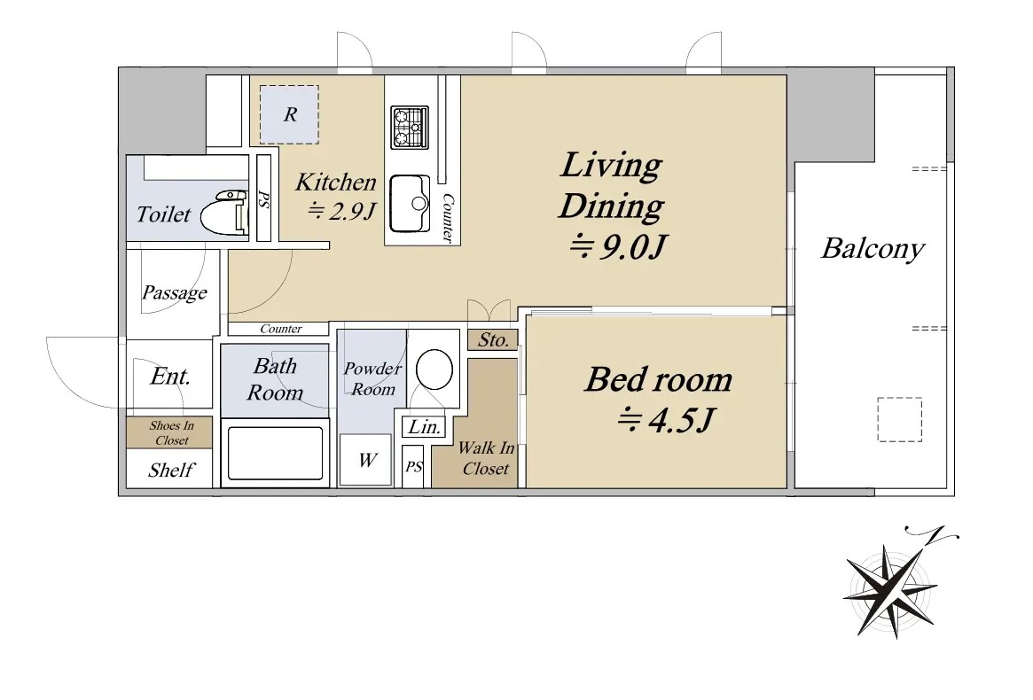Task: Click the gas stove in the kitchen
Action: point(410,127)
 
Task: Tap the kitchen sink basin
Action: point(409,204)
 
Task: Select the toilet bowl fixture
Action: point(223,213)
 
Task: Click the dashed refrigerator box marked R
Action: point(289,114)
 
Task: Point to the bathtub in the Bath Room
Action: point(276,453)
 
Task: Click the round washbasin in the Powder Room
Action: point(434,369)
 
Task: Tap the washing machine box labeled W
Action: point(365,460)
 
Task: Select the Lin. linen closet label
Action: point(424,427)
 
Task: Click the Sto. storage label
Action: point(493,339)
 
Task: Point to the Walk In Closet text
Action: point(486,458)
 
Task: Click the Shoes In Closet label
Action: point(171,432)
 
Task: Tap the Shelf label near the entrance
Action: point(171,470)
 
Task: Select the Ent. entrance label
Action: point(170,376)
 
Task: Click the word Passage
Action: point(175,292)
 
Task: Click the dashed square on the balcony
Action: point(899,419)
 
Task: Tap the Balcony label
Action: point(873,249)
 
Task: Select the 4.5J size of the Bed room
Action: point(665,420)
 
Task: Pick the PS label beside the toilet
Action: point(263,199)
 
